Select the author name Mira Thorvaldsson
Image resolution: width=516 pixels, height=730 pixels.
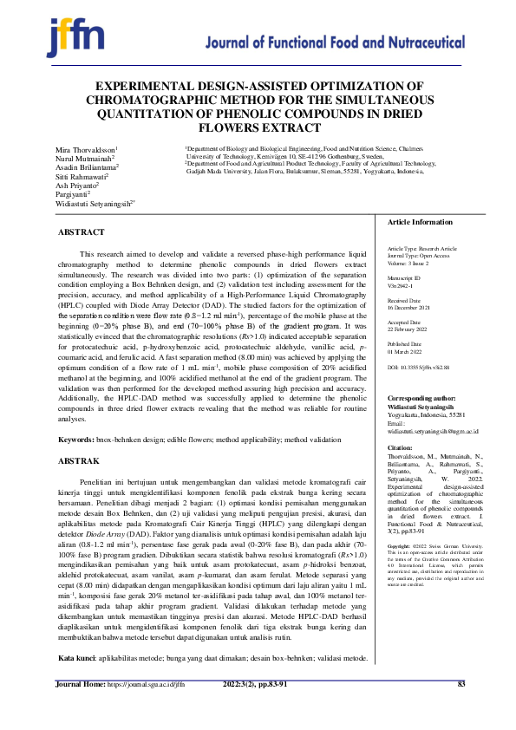point(87,150)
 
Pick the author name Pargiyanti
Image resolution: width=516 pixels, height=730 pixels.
point(74,195)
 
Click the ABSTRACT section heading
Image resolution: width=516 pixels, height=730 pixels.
point(81,232)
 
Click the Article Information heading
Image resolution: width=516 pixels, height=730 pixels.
point(420,223)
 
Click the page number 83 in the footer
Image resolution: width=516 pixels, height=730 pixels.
point(461,709)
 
